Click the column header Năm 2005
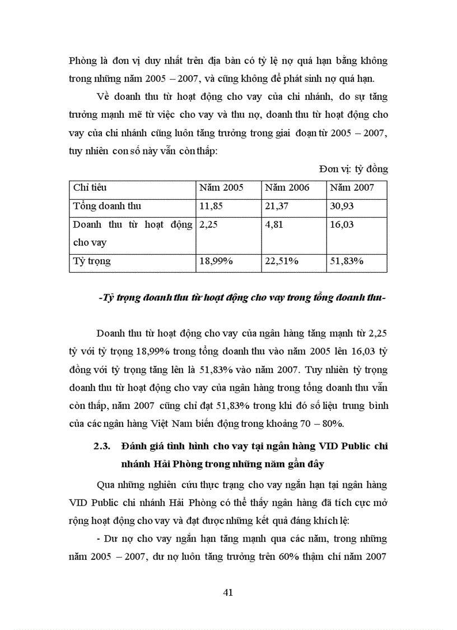tap(221, 187)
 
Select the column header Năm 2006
tap(287, 187)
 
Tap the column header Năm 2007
tap(352, 187)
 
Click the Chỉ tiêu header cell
tap(90, 187)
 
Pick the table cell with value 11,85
tap(211, 206)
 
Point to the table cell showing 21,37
tap(277, 206)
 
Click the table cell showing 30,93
tap(342, 206)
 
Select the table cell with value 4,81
tap(273, 224)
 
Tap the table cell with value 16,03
tap(342, 224)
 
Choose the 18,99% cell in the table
tap(217, 261)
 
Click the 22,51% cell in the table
tap(282, 261)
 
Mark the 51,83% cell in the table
tap(347, 261)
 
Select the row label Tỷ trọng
tap(92, 261)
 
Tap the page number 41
tap(228, 592)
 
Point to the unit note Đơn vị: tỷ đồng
tap(353, 169)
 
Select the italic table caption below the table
tap(241, 298)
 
